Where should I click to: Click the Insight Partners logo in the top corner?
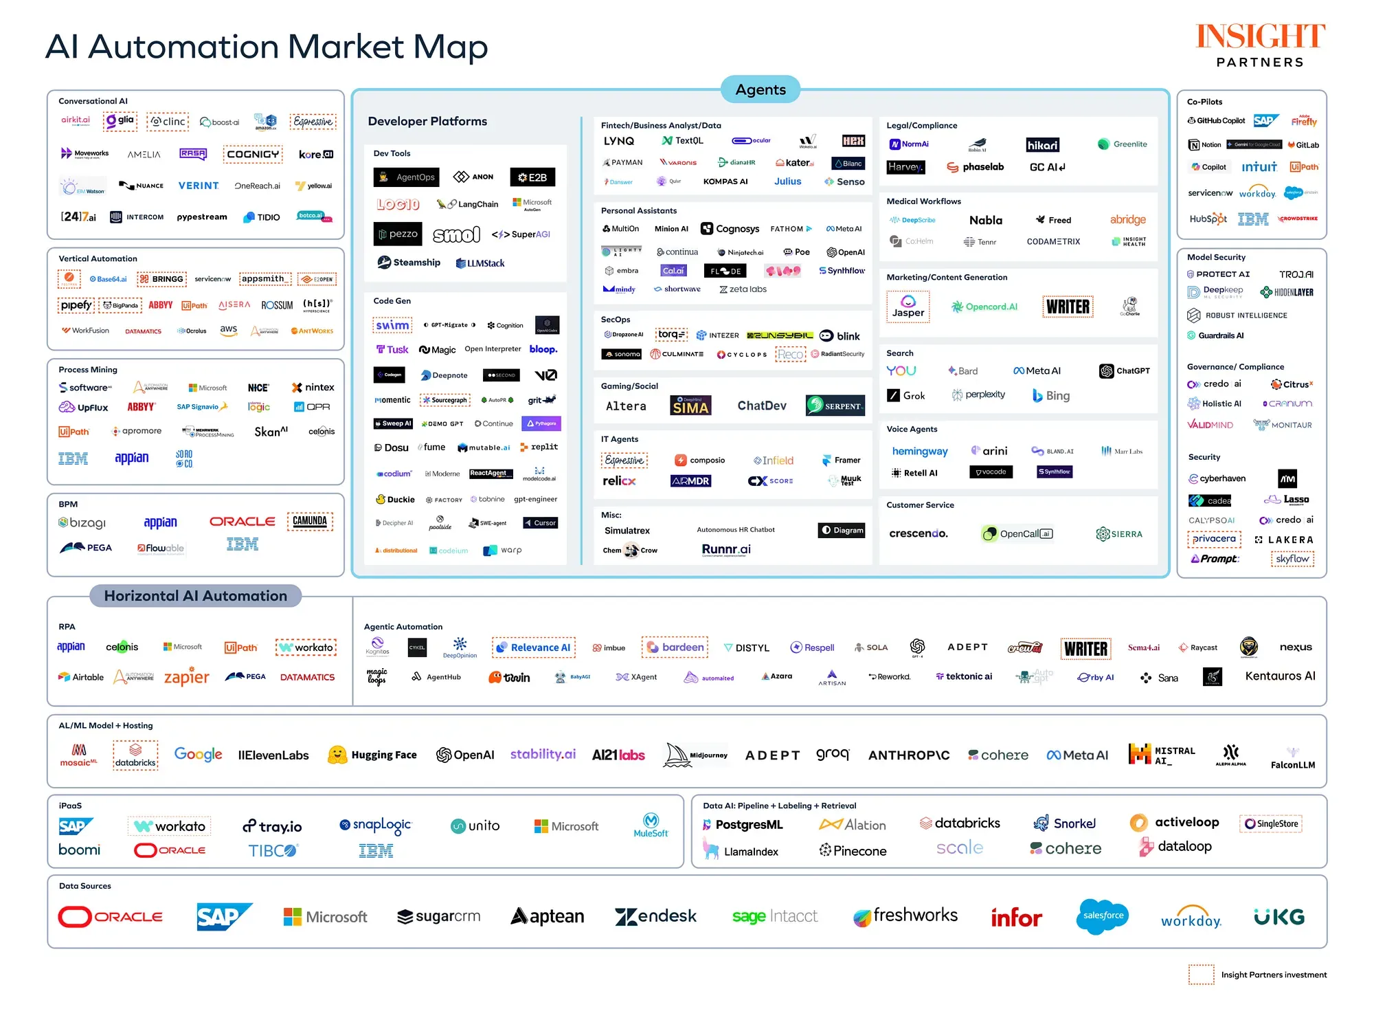click(x=1260, y=45)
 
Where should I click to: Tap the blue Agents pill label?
click(x=760, y=89)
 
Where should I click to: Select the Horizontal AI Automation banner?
click(x=196, y=596)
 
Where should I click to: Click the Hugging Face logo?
click(x=373, y=755)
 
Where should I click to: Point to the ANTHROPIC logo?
click(x=908, y=755)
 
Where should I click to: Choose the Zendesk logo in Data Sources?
click(x=656, y=916)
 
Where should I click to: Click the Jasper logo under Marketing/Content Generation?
click(x=908, y=307)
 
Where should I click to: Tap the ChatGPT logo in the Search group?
click(x=1124, y=370)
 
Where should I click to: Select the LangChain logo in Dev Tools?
click(x=467, y=204)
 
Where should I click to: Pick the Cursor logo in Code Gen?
click(x=540, y=523)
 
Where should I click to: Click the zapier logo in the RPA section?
click(x=186, y=677)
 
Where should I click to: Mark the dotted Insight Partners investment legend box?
click(x=1201, y=975)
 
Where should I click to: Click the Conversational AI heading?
click(x=93, y=101)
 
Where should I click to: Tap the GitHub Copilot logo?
click(x=1216, y=121)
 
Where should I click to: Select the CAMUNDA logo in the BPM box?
click(x=310, y=521)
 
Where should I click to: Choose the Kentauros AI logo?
click(x=1280, y=676)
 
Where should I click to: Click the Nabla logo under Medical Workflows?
click(x=985, y=220)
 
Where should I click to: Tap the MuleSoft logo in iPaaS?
click(x=651, y=825)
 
